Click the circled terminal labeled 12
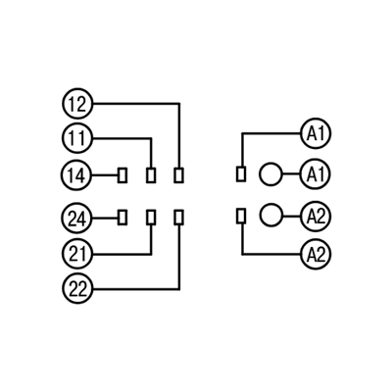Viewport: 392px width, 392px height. coord(77,104)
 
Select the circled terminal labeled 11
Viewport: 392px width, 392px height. coord(77,138)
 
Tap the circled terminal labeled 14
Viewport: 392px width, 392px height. coord(77,175)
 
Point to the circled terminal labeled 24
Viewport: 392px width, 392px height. coord(77,218)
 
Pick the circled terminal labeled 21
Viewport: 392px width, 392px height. coord(77,254)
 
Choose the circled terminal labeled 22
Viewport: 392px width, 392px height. coord(77,289)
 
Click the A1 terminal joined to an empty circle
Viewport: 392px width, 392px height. coord(316,173)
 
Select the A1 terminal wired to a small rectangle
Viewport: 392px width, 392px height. coord(316,133)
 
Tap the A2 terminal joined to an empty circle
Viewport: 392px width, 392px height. coord(316,216)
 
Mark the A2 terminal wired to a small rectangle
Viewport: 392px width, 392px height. coord(316,254)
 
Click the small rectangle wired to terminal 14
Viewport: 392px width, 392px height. coord(122,175)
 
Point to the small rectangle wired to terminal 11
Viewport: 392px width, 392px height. coord(151,175)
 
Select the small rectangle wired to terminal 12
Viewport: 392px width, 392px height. coord(178,175)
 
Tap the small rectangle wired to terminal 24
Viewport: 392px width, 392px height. coord(122,217)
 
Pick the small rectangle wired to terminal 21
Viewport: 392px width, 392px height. coord(151,217)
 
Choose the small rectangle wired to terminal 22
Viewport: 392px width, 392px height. coord(178,217)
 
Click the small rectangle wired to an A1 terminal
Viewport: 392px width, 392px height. coord(241,173)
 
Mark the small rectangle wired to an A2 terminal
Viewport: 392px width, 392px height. coord(241,216)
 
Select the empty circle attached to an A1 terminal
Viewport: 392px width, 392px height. coord(270,173)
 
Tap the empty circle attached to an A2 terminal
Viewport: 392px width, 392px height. coord(270,215)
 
